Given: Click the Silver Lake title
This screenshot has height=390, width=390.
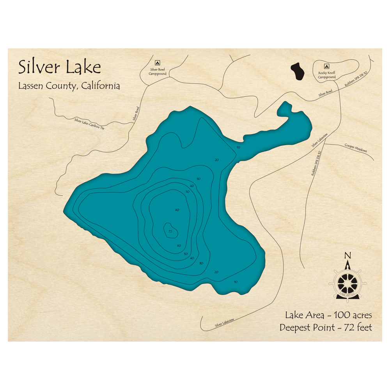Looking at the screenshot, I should point(60,67).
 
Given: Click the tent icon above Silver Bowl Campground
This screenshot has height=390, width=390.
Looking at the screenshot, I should point(158,62).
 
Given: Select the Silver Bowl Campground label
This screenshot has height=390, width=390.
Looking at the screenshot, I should point(158,71).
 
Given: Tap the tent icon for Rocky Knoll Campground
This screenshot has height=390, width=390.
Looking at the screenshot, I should point(326,66).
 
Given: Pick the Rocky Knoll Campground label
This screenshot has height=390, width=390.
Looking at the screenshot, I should point(326,75).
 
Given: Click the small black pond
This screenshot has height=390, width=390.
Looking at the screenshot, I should point(298,72).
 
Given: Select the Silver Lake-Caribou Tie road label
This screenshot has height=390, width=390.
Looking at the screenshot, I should point(89,124).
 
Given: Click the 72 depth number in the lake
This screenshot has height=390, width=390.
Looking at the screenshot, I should point(170,232).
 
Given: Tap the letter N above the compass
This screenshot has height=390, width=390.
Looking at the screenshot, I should point(347,256).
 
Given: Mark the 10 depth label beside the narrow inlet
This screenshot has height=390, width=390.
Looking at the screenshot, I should point(238,147).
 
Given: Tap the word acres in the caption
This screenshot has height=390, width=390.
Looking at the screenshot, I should point(360,315).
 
